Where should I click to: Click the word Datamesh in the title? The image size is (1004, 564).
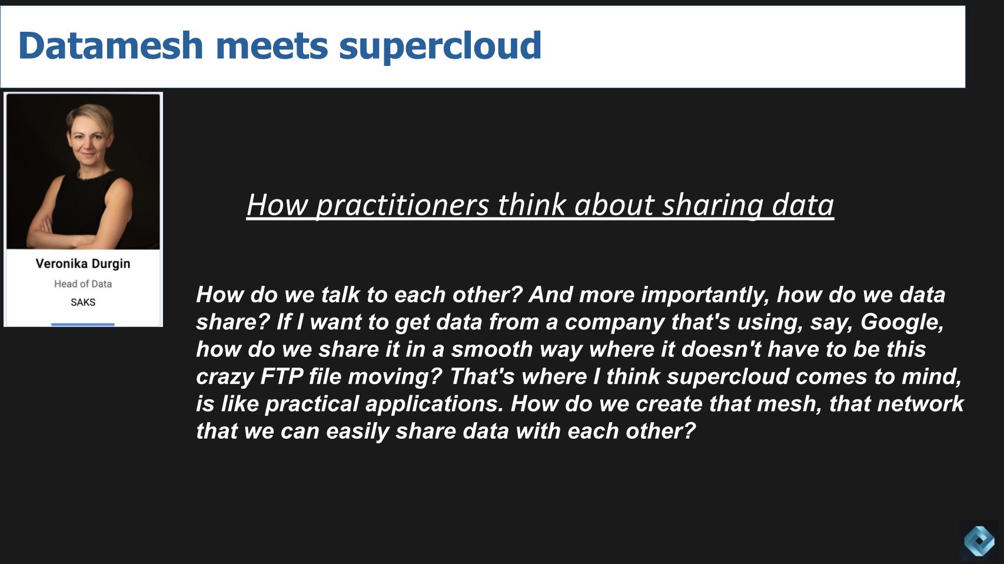(x=111, y=45)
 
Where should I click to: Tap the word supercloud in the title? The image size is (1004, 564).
(x=440, y=46)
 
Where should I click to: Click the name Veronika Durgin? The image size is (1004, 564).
(x=83, y=263)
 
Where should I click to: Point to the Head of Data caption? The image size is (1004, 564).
(x=83, y=283)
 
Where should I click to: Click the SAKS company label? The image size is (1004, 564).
(x=83, y=302)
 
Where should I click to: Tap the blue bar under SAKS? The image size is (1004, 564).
(x=83, y=324)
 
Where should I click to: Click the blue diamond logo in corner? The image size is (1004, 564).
(x=979, y=540)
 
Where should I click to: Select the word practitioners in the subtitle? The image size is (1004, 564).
(x=403, y=205)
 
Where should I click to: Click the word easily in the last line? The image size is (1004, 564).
(x=357, y=431)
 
